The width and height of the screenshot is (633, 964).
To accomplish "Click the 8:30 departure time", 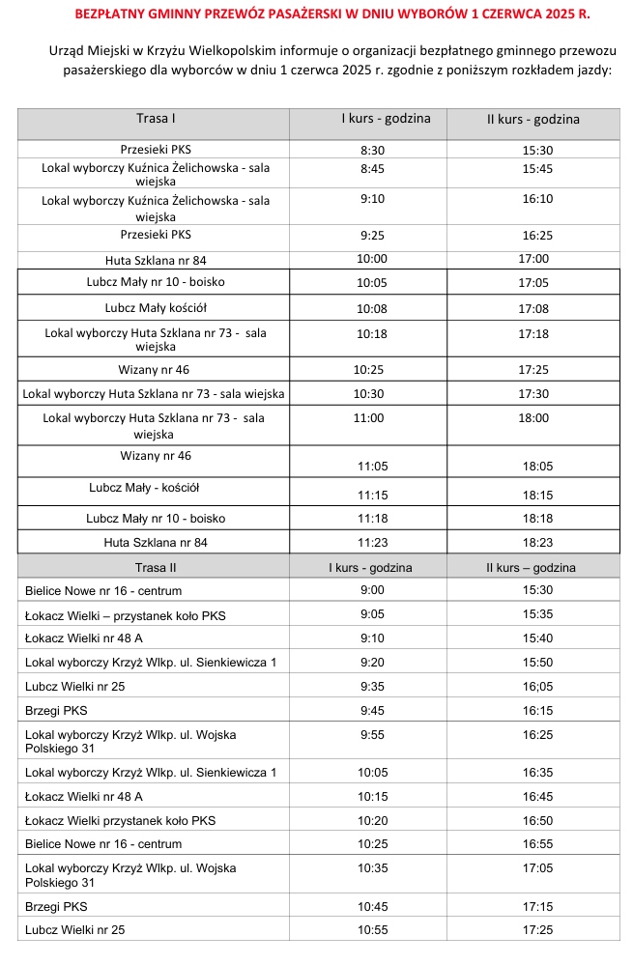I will point(372,151).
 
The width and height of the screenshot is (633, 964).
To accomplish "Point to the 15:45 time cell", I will point(536,169).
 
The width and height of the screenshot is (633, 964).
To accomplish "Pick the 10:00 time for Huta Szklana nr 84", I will point(372,259).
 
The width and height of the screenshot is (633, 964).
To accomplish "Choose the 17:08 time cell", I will point(533,309).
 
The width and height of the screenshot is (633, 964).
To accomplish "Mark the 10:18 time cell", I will point(372,333).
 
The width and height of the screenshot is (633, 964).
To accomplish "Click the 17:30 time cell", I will point(533,394).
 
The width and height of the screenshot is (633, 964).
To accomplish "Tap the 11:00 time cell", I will point(370,418).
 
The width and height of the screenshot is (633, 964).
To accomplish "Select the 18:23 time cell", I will point(535,543).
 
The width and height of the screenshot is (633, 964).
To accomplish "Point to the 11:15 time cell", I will point(372,495).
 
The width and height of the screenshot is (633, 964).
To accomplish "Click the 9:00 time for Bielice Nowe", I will point(372,590).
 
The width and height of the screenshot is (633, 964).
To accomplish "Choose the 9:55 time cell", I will point(372,735).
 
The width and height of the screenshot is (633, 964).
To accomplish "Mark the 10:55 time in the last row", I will point(372,930).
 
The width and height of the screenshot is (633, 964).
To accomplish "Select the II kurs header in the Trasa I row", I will point(533,120).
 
